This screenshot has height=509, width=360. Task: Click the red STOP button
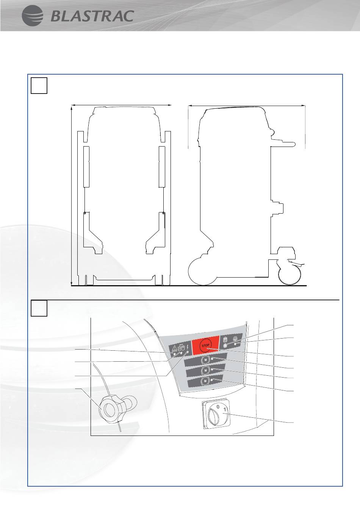click(205, 345)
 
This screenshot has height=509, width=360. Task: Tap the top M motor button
click(205, 359)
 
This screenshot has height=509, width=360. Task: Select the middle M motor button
click(205, 370)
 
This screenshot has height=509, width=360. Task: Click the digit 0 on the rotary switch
click(218, 406)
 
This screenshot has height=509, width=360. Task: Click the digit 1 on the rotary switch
click(225, 410)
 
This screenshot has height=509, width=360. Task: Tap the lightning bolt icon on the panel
click(188, 347)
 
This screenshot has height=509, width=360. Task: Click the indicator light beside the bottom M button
click(212, 380)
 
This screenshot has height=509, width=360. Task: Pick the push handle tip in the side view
click(293, 144)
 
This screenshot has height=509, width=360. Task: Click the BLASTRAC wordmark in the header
click(92, 16)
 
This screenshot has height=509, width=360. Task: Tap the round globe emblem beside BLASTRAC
click(32, 16)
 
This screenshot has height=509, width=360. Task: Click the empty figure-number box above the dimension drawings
click(39, 86)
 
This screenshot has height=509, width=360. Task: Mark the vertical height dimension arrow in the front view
click(72, 197)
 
